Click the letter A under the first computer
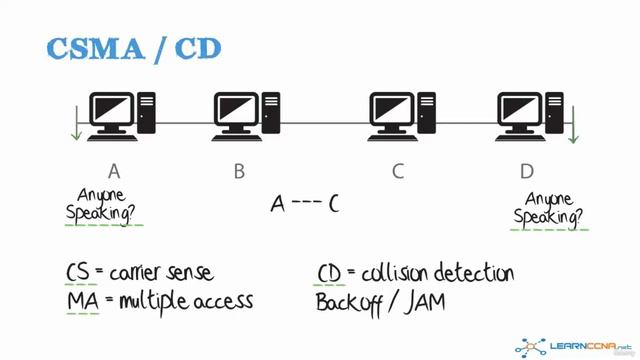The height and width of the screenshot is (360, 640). (x=114, y=171)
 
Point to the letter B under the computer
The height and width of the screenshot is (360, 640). (x=240, y=171)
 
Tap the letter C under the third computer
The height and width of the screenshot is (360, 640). (x=397, y=171)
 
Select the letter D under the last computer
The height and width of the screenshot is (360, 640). (x=527, y=171)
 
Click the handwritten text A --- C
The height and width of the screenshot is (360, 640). (x=305, y=205)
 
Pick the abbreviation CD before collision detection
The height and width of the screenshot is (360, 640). (x=330, y=272)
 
